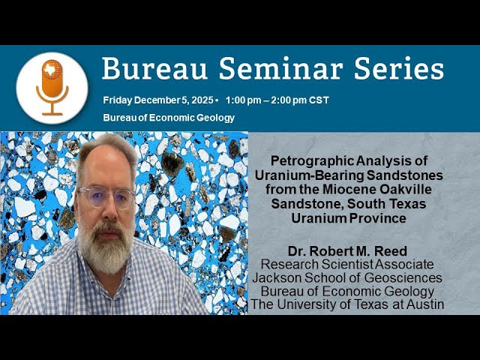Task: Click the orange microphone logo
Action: click(x=52, y=87)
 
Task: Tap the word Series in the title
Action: click(x=397, y=69)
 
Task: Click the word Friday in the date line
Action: click(x=118, y=100)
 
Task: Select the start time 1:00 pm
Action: click(x=244, y=100)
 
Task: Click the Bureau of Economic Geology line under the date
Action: click(x=169, y=118)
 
